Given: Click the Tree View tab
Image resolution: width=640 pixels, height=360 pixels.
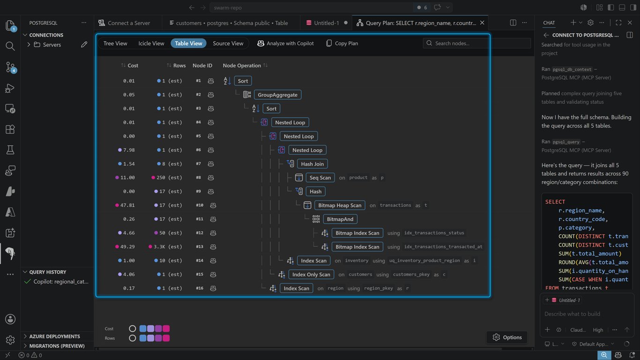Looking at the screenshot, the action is click(x=115, y=43).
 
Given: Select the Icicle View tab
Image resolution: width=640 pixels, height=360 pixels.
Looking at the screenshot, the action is click(x=151, y=43).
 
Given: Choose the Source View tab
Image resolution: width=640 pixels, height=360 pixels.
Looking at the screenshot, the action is click(x=228, y=43).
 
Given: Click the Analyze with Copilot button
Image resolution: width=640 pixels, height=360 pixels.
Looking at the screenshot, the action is click(x=285, y=43).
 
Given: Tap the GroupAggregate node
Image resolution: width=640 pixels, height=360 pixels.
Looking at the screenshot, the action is click(x=277, y=95).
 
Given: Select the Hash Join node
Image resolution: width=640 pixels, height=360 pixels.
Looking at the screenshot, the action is click(x=313, y=164).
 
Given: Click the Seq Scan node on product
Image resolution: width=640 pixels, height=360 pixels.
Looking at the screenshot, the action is click(x=320, y=178).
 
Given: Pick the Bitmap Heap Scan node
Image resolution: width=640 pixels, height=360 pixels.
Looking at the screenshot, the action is click(x=340, y=205).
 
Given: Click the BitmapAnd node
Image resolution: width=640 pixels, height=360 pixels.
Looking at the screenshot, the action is click(x=340, y=219).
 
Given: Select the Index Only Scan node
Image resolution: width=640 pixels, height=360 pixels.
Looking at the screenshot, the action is click(x=311, y=275).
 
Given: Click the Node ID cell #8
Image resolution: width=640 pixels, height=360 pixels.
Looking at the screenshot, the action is click(x=198, y=178).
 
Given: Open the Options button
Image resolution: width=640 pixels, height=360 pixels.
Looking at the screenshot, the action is click(x=507, y=337).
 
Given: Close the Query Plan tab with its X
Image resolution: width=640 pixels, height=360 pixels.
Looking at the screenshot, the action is click(x=482, y=22).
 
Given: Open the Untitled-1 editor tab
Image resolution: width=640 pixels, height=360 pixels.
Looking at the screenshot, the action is click(x=326, y=23).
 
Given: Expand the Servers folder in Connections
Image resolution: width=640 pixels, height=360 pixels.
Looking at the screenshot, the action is click(x=29, y=45).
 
